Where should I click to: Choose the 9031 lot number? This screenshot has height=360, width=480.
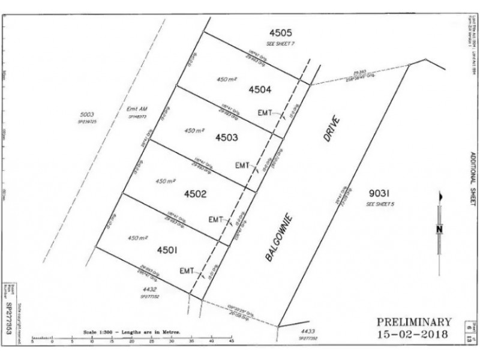pos(379,194)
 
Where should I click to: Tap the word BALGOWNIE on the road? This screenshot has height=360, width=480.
pos(280,236)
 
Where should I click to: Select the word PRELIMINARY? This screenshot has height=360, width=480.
pos(413,322)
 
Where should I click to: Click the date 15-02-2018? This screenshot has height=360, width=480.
pos(413,334)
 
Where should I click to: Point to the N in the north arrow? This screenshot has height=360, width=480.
pos(439,229)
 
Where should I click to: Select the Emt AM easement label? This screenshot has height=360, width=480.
pos(137,109)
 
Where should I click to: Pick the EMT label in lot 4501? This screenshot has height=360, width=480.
pos(187,271)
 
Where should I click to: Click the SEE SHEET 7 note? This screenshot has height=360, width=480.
pos(281,44)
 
